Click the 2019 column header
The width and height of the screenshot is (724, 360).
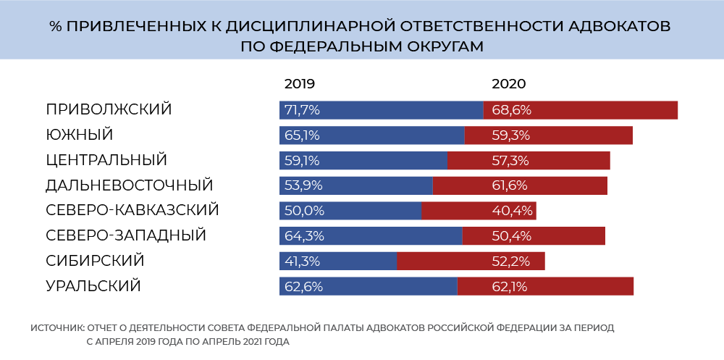tap(300, 83)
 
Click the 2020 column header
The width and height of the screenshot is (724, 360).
tap(508, 83)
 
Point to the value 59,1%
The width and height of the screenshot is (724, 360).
tap(302, 160)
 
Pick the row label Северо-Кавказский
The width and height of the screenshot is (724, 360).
tap(132, 210)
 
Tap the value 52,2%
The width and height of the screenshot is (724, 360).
tap(511, 261)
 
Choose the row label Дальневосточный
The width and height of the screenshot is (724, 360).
tap(129, 185)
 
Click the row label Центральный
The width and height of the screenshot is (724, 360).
tap(106, 159)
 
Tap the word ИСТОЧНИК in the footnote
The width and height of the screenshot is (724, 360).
tap(57, 328)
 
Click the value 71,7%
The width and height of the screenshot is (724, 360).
tap(303, 110)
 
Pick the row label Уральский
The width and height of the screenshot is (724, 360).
tap(93, 286)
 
